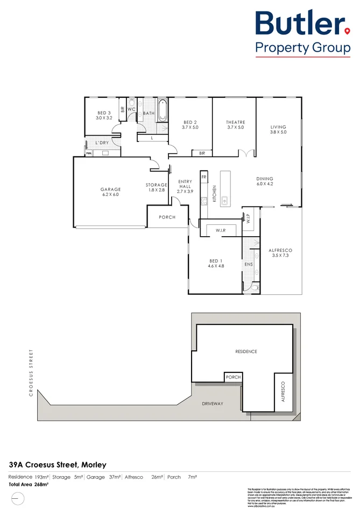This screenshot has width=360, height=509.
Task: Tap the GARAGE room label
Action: click(110, 189)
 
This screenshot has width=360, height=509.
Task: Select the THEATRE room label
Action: click(235, 123)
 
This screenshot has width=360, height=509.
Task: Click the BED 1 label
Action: click(216, 261)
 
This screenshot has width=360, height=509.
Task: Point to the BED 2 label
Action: click(191, 123)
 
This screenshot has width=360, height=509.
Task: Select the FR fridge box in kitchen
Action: click(204, 176)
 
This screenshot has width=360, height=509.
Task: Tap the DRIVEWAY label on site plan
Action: click(213, 404)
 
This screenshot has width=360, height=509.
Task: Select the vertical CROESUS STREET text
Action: click(31, 372)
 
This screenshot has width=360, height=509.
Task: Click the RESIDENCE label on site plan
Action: click(246, 351)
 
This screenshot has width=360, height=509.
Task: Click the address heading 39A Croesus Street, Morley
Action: click(58, 464)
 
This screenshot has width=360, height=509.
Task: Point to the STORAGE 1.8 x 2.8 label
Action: click(157, 187)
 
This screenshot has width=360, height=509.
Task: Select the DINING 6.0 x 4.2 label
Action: click(265, 181)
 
